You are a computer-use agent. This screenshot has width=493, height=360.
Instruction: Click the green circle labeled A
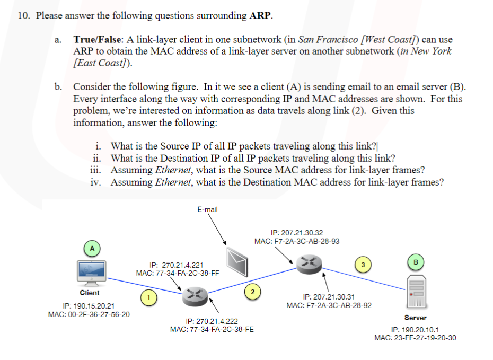tap(92, 248)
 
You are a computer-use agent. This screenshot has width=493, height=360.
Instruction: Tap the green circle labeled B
tap(416, 261)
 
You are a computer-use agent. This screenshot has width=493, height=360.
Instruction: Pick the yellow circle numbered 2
tap(252, 291)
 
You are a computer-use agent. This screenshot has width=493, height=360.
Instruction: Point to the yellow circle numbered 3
tap(363, 264)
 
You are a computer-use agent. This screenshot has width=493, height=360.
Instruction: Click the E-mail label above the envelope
tap(207, 209)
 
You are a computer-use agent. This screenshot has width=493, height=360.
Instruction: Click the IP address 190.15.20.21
tap(89, 306)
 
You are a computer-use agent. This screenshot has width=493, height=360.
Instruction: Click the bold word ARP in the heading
tap(260, 15)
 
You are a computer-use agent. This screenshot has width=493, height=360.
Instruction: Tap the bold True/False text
tap(98, 39)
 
